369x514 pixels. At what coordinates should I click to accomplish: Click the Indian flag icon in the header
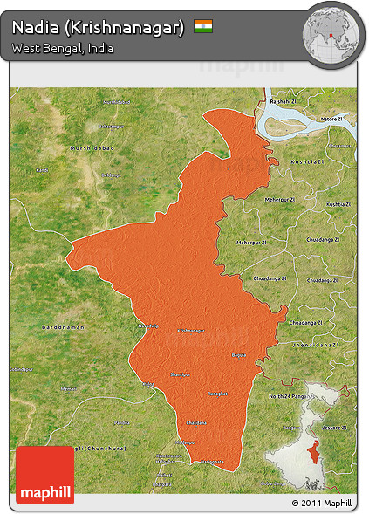coord(203,27)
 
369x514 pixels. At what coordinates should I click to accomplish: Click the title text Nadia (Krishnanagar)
coord(98,28)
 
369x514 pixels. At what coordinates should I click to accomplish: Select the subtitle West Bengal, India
coord(62,49)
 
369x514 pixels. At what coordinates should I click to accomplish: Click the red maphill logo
coord(44,475)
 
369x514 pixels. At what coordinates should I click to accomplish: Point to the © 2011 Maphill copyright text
coord(322,504)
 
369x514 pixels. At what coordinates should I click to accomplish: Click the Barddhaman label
coord(63,326)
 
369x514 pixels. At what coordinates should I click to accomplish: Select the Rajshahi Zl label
coord(283,102)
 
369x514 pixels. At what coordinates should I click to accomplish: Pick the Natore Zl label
coord(332,118)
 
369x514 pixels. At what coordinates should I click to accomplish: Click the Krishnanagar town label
coord(190,332)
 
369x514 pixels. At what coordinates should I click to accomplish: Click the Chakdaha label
coord(196,423)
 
